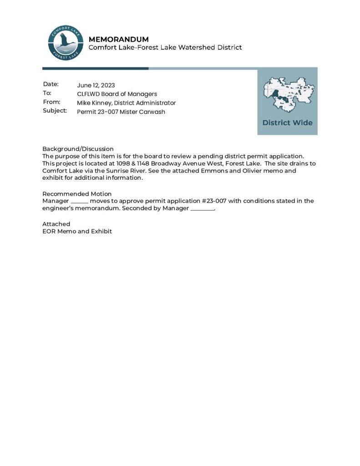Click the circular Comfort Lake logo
[66, 43]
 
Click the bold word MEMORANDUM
[118, 39]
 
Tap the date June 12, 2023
[96, 85]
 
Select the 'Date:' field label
[51, 84]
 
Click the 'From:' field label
[51, 102]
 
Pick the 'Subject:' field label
[55, 111]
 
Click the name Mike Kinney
[94, 103]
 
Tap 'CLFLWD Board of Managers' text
[117, 94]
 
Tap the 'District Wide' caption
[287, 123]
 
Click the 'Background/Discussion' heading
[78, 149]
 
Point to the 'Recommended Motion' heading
[77, 194]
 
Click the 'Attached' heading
[56, 224]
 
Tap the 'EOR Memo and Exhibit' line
[77, 231]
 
